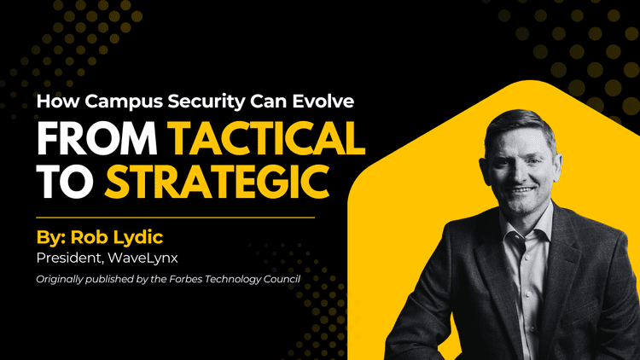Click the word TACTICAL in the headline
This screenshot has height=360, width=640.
pos(267,139)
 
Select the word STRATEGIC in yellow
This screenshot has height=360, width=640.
pos(217,182)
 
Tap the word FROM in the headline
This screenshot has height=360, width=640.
pos(96,139)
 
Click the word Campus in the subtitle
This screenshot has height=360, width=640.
pos(124,102)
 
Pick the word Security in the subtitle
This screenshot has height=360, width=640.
pos(207,102)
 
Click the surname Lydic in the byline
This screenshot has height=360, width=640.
pos(138,237)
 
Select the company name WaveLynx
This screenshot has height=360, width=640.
pos(143,258)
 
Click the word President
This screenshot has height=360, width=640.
pos(68,258)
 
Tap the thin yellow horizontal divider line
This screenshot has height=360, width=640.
pos(176,218)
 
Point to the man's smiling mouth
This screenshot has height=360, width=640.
pos(523,190)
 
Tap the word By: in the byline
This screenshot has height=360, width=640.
pos(51,237)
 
